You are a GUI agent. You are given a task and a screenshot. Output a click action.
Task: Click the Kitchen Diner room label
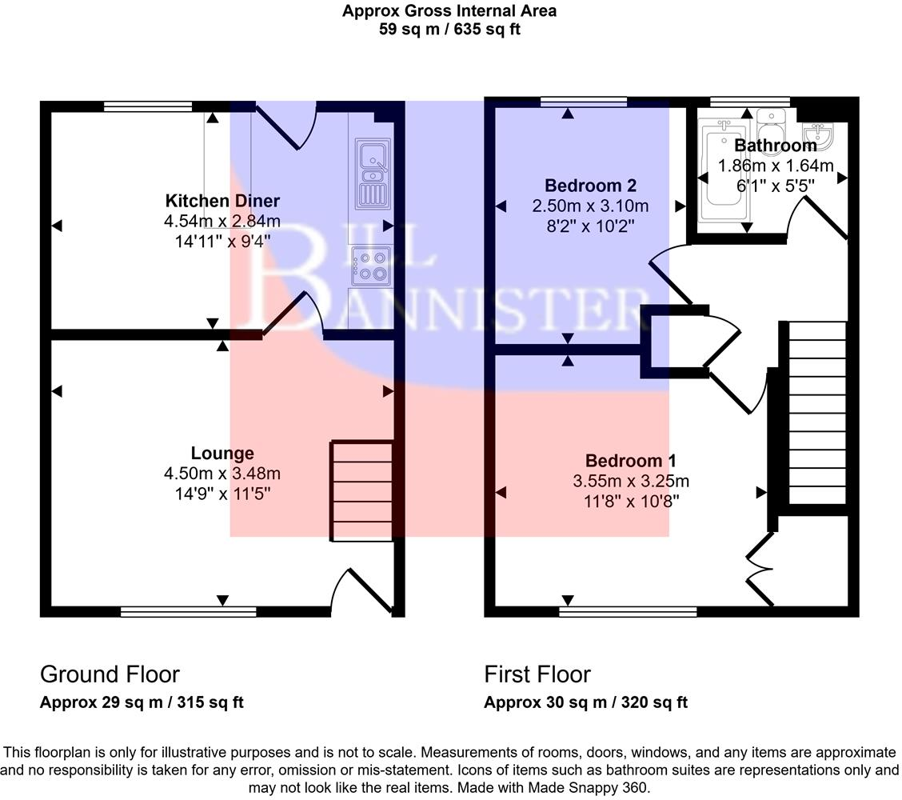(x=222, y=201)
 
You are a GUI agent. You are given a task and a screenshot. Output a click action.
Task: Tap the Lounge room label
(x=222, y=454)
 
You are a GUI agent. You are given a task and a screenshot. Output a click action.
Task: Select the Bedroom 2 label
(x=590, y=186)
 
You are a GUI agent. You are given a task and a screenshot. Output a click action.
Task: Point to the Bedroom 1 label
(x=631, y=461)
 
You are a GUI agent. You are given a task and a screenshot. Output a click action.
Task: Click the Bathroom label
(x=775, y=146)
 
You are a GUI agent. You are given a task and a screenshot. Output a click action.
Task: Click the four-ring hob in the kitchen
(x=372, y=266)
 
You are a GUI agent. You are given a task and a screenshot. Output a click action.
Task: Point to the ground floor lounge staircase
(x=362, y=490)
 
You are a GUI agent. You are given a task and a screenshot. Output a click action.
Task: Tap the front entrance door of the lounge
(x=352, y=592)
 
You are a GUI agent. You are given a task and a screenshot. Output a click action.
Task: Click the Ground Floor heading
(x=110, y=674)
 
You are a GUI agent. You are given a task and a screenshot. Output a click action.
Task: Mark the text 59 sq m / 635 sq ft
(x=449, y=30)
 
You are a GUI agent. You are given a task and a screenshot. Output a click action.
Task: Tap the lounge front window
(x=189, y=612)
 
